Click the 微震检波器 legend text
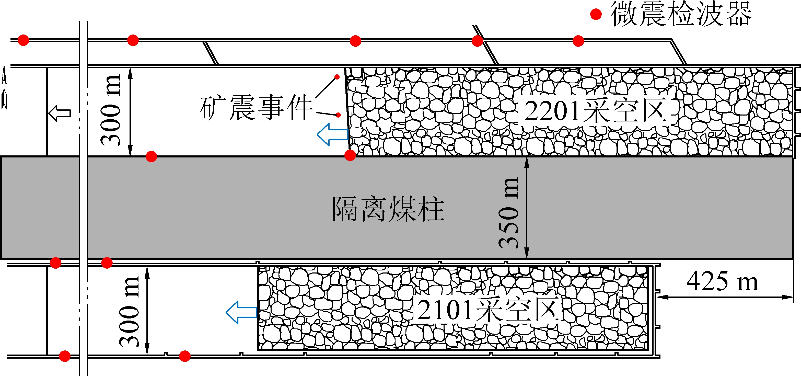coord(681,14)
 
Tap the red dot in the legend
coord(596,14)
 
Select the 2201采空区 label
coord(596,110)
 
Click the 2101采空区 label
coord(488,310)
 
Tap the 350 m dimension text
coord(509,213)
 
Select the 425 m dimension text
coord(722,281)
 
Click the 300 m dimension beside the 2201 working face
coord(111,110)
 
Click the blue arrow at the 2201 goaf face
coord(332,134)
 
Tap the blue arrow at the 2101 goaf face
coord(241,312)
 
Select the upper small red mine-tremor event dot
coord(337,77)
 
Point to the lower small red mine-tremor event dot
coord(338,115)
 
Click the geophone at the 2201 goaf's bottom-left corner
coord(350,155)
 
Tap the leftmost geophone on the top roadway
coord(23,40)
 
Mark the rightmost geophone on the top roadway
coord(578,41)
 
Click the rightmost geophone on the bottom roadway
coord(185,356)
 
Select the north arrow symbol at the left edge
coord(4,87)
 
